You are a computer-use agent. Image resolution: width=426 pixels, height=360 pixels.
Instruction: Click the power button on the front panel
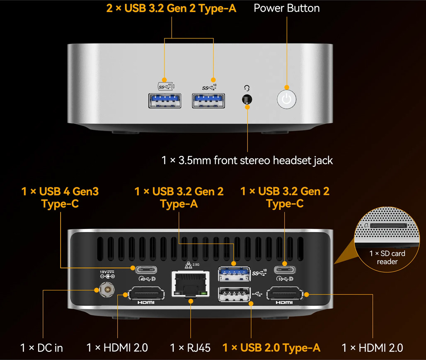(x=287, y=99)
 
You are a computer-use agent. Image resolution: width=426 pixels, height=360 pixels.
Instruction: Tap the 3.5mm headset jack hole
(x=247, y=99)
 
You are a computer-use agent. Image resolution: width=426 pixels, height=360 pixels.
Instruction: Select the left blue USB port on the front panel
(x=165, y=101)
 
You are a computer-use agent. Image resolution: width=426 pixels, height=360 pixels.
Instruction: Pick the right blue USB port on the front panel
(x=208, y=101)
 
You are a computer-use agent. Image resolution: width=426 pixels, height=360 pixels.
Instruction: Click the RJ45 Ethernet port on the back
(x=191, y=284)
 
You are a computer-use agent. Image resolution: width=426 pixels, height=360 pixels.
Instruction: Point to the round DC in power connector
(x=107, y=289)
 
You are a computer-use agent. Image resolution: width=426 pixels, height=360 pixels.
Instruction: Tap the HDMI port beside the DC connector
(x=146, y=293)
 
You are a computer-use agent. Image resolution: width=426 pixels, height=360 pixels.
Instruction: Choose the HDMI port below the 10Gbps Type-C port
(x=285, y=293)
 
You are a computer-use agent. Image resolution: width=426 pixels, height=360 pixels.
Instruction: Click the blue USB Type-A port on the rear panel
(x=234, y=274)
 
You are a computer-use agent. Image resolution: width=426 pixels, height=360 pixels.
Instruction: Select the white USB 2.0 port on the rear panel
(x=234, y=294)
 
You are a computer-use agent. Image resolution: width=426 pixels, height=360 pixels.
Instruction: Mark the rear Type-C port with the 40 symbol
(x=146, y=270)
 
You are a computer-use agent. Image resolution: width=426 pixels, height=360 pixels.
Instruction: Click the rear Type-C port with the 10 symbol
(x=285, y=270)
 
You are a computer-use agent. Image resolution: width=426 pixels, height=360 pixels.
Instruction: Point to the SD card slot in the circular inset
(x=389, y=225)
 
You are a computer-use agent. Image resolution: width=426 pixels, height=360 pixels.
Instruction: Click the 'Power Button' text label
(x=287, y=8)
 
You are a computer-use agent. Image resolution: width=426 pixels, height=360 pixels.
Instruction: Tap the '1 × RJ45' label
(x=190, y=348)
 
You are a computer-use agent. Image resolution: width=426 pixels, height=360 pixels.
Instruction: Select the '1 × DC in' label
(x=41, y=348)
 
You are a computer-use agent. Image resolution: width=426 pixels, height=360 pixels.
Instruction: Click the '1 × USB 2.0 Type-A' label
(x=271, y=348)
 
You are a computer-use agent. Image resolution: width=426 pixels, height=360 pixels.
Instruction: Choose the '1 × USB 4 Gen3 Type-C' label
(x=60, y=198)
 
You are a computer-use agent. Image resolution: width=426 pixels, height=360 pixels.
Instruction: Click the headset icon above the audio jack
(x=247, y=88)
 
